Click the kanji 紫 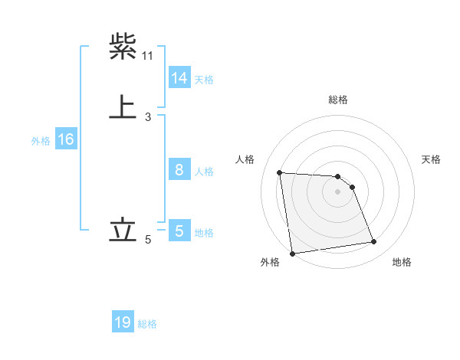click(123, 47)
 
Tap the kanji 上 click(123, 106)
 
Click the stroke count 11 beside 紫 click(148, 56)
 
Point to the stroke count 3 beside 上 click(148, 116)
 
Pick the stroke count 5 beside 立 click(148, 240)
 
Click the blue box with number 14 click(179, 78)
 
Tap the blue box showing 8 click(179, 170)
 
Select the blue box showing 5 click(179, 230)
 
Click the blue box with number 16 click(65, 139)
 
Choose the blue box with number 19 click(123, 322)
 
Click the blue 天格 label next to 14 click(204, 79)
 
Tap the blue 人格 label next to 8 click(204, 171)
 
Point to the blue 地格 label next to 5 click(204, 232)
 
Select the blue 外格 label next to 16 click(41, 140)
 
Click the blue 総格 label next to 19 click(147, 324)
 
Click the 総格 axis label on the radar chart click(338, 100)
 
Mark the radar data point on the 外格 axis click(292, 254)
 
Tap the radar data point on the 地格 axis click(374, 242)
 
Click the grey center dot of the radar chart click(338, 192)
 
